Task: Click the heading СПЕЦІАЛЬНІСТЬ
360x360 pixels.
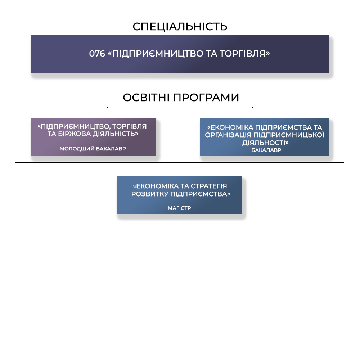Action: coord(180,27)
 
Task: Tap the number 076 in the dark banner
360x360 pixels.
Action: coord(97,54)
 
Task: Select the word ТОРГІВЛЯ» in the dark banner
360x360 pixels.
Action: coord(244,54)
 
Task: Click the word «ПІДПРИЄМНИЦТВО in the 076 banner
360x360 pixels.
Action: coord(155,54)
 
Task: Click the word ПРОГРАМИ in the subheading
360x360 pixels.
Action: coord(206,98)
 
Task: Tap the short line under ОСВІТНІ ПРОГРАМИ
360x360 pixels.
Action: coord(180,108)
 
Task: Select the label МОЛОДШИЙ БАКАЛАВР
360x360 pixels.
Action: coord(93,149)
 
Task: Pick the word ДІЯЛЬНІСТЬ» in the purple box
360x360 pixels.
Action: coord(115,134)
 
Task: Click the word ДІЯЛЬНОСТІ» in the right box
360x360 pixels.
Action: coord(265,143)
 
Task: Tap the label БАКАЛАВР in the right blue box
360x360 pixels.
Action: coord(266,150)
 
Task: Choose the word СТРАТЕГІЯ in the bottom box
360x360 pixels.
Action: coord(209,186)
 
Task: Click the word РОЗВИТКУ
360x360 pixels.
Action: coord(150,194)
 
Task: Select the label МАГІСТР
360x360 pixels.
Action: coord(179,208)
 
